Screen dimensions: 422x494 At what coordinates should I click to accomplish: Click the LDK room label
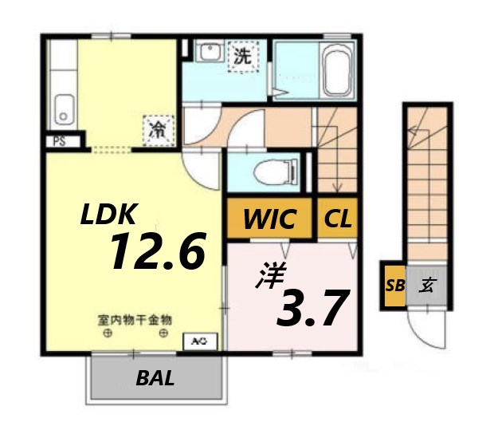[109, 214]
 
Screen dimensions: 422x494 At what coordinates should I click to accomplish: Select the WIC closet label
[270, 218]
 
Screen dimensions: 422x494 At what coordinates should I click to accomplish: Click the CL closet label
[338, 218]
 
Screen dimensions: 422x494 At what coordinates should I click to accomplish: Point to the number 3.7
[312, 308]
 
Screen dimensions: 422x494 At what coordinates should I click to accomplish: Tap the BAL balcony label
[155, 378]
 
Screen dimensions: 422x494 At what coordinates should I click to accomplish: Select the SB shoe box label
[393, 285]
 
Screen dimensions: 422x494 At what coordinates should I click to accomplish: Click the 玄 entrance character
[427, 285]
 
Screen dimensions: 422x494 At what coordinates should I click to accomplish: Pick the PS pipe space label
[60, 141]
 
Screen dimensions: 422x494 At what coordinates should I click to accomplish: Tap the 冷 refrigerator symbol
[156, 128]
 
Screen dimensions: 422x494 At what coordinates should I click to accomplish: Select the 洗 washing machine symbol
[241, 57]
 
